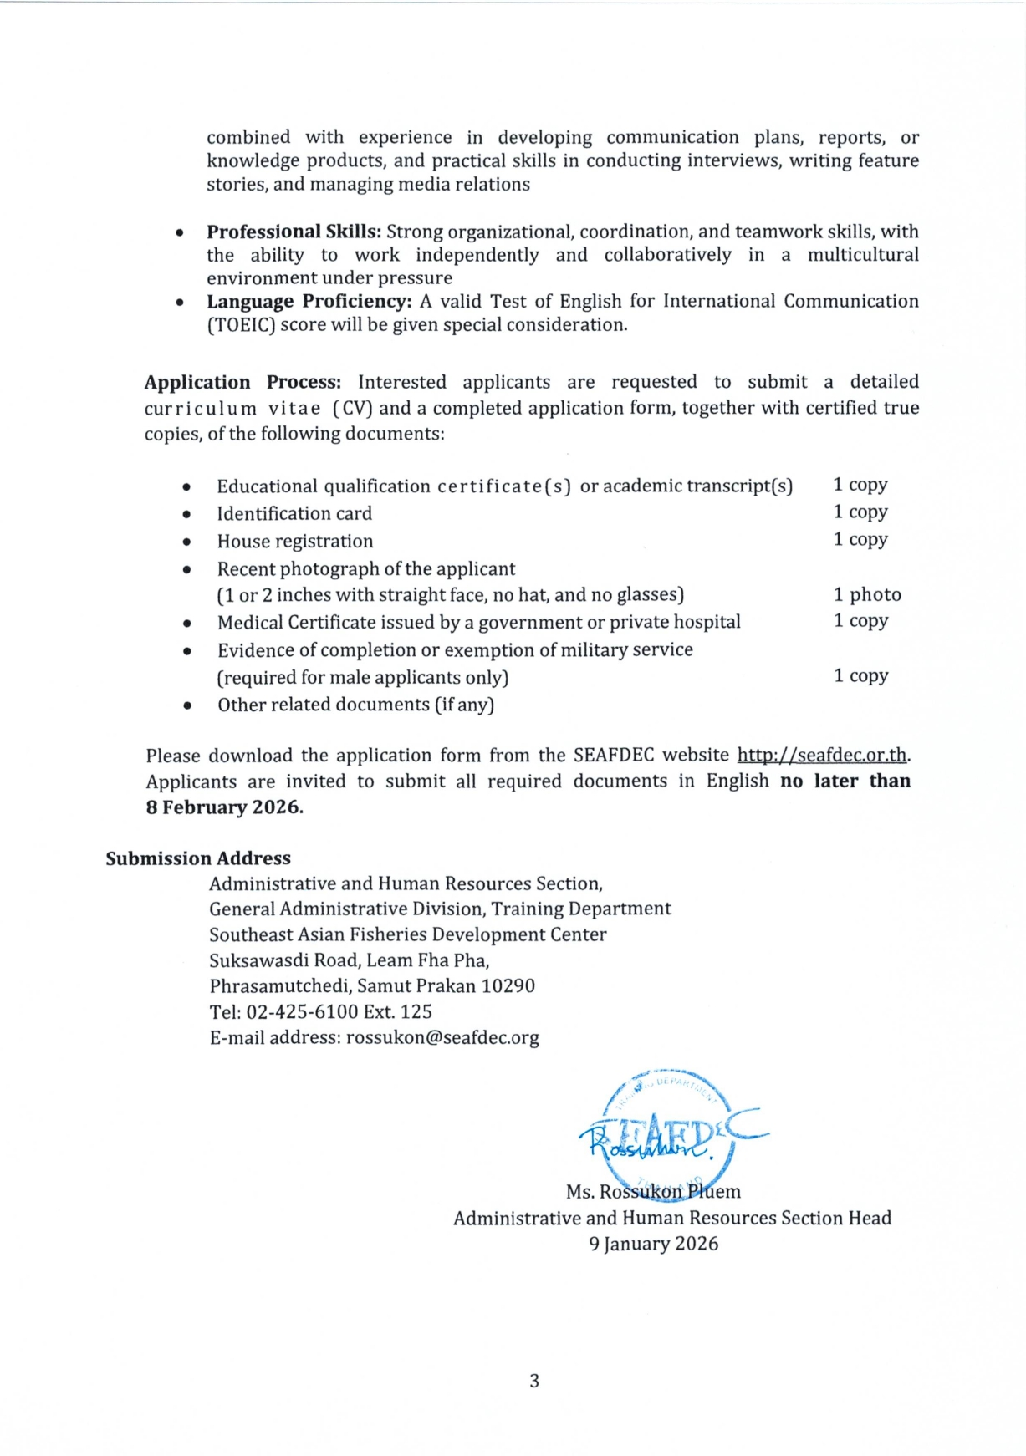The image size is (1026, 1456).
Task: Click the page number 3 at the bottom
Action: click(534, 1381)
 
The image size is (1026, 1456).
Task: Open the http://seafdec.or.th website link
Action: click(821, 755)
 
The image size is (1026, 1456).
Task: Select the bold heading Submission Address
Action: click(198, 858)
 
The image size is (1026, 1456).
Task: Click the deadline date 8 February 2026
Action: click(223, 807)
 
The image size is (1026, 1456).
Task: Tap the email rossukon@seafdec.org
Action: click(442, 1037)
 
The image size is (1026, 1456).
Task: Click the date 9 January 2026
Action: click(653, 1244)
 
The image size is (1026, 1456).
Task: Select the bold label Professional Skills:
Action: click(294, 232)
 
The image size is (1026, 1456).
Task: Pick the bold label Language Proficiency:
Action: click(309, 301)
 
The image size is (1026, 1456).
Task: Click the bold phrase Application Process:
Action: click(242, 382)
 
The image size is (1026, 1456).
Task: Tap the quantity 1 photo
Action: click(867, 594)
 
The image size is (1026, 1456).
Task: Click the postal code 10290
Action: click(508, 985)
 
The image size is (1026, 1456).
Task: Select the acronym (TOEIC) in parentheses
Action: click(241, 324)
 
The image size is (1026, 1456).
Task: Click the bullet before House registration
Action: click(186, 542)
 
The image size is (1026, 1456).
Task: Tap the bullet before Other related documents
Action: click(187, 706)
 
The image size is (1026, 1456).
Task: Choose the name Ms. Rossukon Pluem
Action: click(653, 1191)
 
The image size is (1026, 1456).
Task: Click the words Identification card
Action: click(294, 513)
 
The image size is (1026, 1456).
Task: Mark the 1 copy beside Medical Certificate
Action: click(860, 620)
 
